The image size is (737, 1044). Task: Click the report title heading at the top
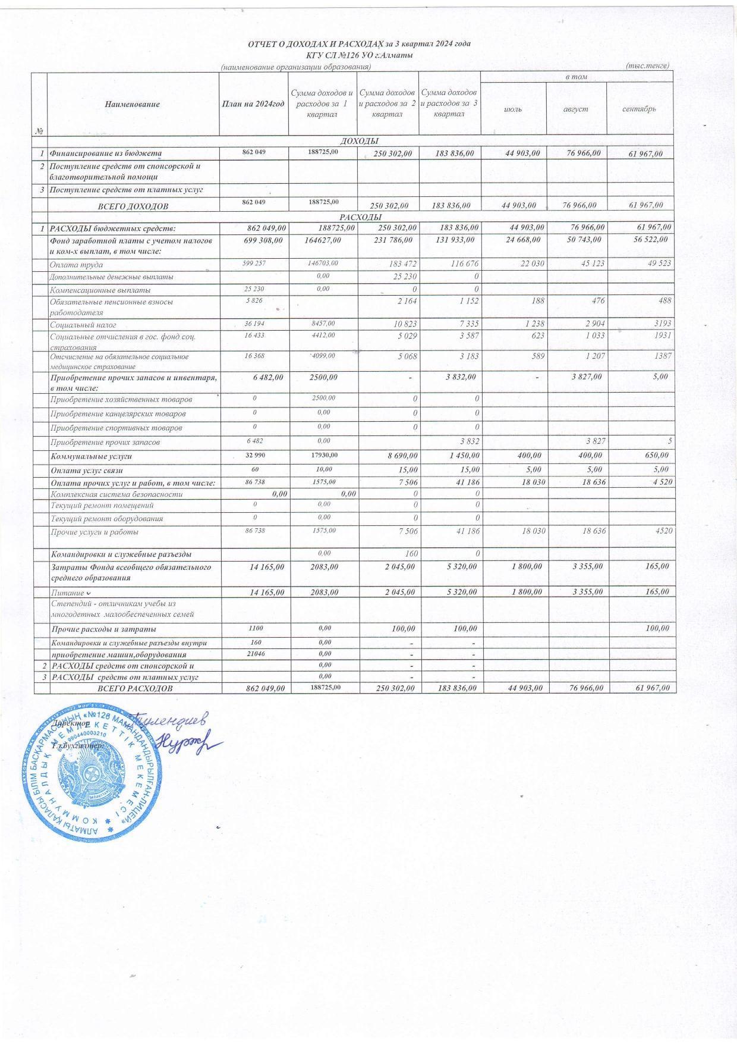pyautogui.click(x=360, y=45)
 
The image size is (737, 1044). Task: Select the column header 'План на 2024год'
pyautogui.click(x=253, y=104)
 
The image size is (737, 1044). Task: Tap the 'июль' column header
pyautogui.click(x=513, y=109)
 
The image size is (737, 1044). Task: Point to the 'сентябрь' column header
pyautogui.click(x=640, y=109)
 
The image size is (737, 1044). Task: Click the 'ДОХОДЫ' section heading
pyautogui.click(x=359, y=141)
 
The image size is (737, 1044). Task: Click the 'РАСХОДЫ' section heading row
pyautogui.click(x=360, y=217)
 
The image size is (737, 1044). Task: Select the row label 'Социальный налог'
pyautogui.click(x=83, y=325)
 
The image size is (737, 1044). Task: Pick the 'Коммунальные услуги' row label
pyautogui.click(x=91, y=457)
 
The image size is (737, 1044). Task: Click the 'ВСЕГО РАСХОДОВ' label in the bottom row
pyautogui.click(x=136, y=688)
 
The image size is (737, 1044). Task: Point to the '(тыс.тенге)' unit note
pyautogui.click(x=648, y=65)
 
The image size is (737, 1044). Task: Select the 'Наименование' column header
pyautogui.click(x=133, y=104)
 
